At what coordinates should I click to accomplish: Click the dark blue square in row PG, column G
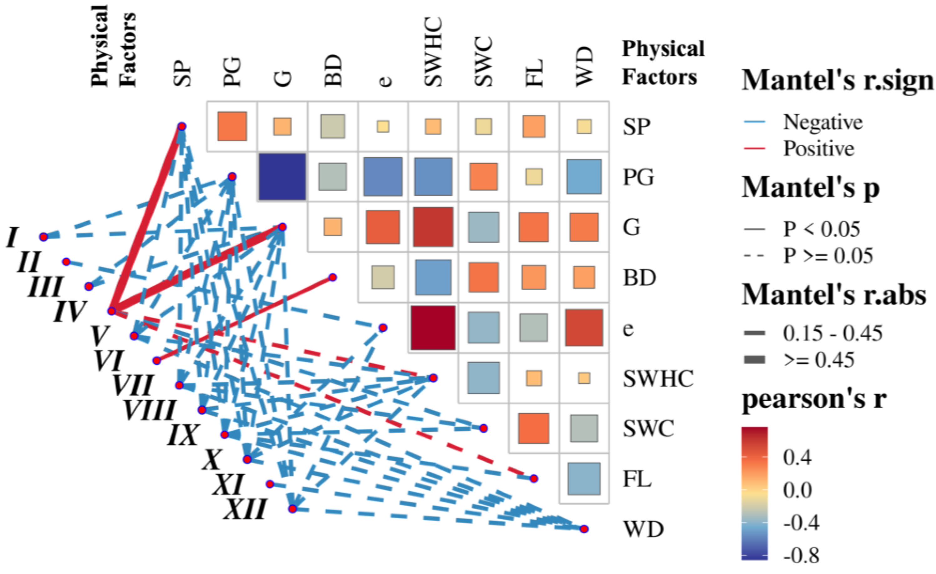point(282,177)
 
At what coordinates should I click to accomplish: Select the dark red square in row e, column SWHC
point(433,328)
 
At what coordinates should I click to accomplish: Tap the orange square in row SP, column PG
point(232,126)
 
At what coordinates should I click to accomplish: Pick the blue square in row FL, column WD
point(584,478)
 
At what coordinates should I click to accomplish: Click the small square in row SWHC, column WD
point(584,378)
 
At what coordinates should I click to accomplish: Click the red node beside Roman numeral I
point(44,237)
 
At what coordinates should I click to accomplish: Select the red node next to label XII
point(292,509)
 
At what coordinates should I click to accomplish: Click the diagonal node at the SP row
point(182,126)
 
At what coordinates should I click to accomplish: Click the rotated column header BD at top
point(333,71)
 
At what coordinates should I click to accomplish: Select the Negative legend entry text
point(823,122)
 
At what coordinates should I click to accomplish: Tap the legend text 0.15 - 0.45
point(832,333)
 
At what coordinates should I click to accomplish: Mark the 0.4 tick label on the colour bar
point(797,457)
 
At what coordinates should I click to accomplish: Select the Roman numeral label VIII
point(149,410)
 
